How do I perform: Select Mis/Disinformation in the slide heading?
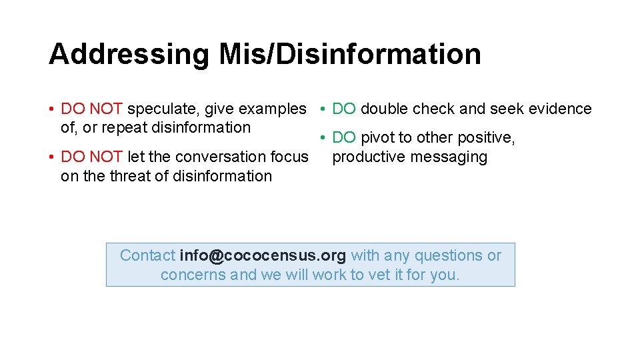349,55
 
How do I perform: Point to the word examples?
273,109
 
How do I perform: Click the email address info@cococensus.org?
263,255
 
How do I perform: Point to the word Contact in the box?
147,255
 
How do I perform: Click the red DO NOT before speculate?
91,109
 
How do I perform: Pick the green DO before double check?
344,109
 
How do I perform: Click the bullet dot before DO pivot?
321,138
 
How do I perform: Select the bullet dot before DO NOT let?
51,157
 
